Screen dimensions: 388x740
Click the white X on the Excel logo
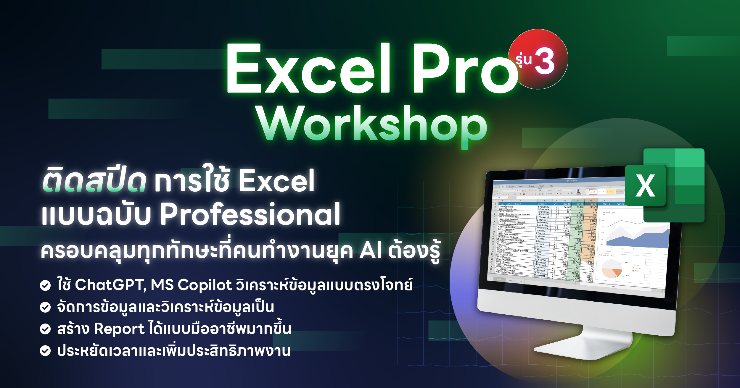tap(645, 186)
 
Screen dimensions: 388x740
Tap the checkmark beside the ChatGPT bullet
tap(45, 285)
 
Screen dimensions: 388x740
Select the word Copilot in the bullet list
tap(205, 285)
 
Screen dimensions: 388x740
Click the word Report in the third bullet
tap(119, 329)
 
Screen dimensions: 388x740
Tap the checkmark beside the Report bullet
tap(45, 329)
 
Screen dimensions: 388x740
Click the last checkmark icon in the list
tap(45, 351)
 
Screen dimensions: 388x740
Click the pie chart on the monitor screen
tap(612, 269)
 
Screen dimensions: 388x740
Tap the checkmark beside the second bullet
tap(45, 307)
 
